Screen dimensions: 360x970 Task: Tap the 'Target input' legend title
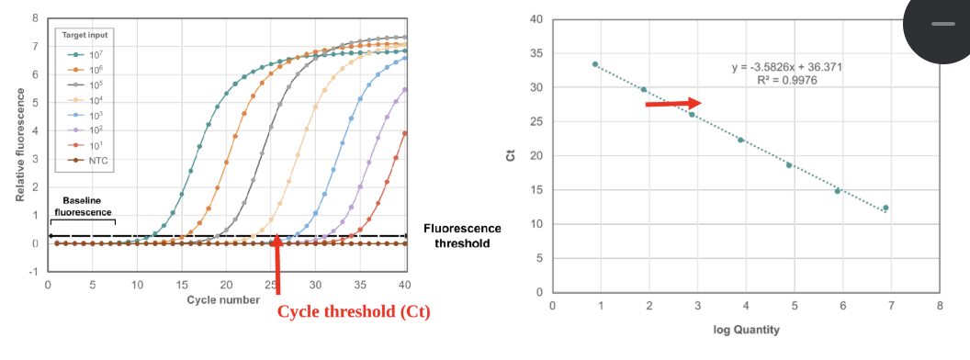[x=85, y=35]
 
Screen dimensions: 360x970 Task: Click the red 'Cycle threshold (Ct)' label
[x=354, y=311]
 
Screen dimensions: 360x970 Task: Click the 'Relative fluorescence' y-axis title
[x=19, y=146]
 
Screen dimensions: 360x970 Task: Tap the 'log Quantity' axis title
[x=746, y=328]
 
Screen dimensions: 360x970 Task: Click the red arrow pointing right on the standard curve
[x=673, y=104]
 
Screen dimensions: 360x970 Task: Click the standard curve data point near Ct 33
[x=595, y=64]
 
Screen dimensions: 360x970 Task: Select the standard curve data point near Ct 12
[x=885, y=208]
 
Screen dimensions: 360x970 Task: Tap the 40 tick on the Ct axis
[x=535, y=19]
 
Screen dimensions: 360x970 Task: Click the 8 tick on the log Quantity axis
[x=939, y=304]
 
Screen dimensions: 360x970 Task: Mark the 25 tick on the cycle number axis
[x=270, y=285]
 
